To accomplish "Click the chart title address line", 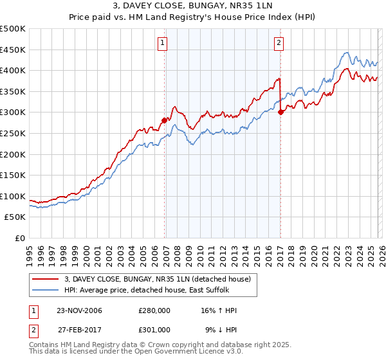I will [x=193, y=7].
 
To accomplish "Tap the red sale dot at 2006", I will [x=165, y=120].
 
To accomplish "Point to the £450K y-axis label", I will [x=13, y=50].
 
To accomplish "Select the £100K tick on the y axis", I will [x=13, y=197].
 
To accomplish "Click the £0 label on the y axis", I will [x=19, y=239].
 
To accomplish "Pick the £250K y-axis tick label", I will [x=13, y=134].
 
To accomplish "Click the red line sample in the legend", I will [x=46, y=278].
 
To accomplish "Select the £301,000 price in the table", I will [x=155, y=329].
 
